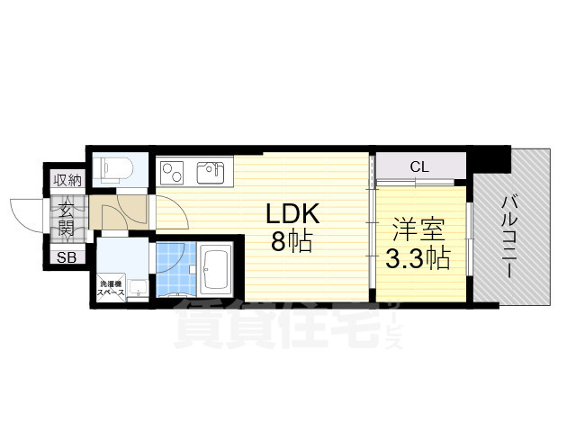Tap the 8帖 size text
(290, 240)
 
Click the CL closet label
(419, 166)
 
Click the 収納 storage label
(67, 180)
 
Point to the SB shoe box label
(67, 258)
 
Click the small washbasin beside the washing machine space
(138, 287)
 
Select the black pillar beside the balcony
(492, 158)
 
